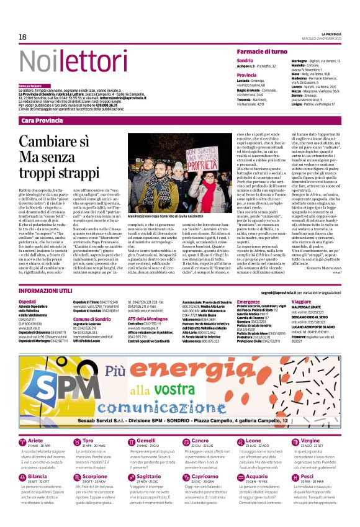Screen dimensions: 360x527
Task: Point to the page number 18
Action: [x=22, y=37]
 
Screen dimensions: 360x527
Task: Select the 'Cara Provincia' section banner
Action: [x=43, y=120]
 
